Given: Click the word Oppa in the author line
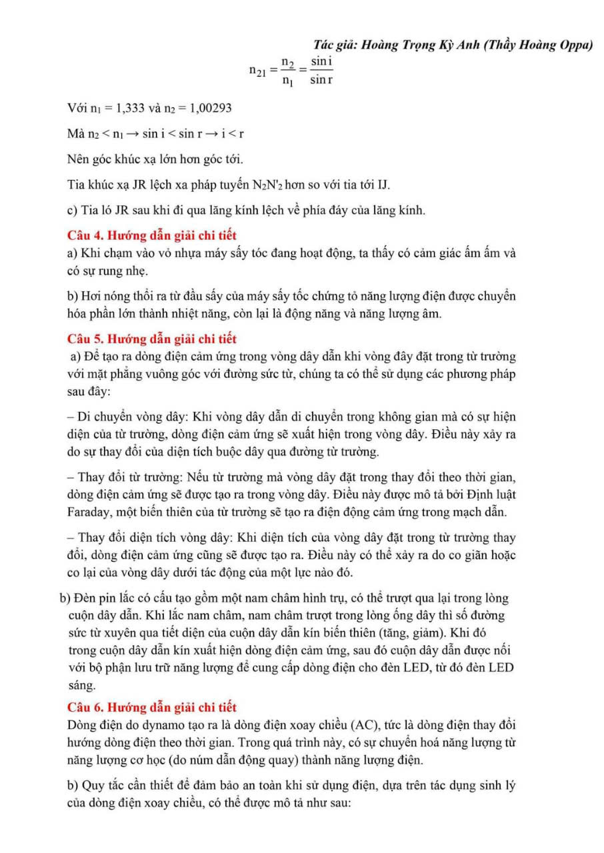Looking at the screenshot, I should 575,45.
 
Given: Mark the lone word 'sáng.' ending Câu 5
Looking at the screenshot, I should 82,684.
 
